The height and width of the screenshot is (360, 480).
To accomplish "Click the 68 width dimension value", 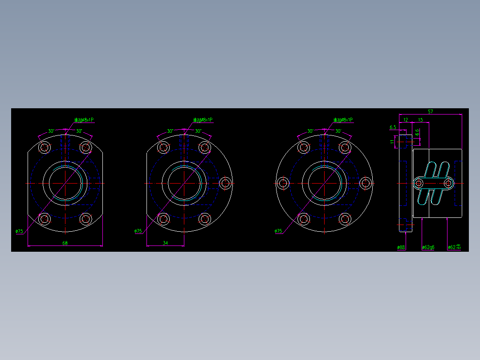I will (65, 243).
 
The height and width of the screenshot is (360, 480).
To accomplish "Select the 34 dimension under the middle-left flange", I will (165, 243).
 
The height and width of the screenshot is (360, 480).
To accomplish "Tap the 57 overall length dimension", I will (430, 112).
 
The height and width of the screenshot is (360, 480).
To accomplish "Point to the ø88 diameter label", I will (401, 247).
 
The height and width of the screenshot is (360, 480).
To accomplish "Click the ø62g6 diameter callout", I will (428, 247).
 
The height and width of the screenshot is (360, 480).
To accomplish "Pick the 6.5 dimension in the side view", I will (393, 127).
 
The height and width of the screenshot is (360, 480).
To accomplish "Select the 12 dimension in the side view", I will (406, 120).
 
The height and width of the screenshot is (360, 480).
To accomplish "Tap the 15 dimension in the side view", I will (420, 120).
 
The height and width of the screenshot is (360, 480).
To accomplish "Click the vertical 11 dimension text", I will (392, 142).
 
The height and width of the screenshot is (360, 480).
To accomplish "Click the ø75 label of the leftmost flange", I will (19, 231).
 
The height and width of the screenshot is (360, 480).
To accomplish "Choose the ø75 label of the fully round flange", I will (278, 231).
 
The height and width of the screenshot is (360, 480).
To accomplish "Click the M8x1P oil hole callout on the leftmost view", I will (84, 120).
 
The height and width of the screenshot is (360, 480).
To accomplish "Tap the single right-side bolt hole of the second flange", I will (226, 183).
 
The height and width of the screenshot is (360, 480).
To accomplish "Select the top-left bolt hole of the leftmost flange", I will (45, 147).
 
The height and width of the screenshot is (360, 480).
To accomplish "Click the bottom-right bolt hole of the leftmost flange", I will (85, 219).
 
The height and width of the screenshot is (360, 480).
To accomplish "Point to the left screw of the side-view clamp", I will (419, 183).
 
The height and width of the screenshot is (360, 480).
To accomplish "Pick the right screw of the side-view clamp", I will (448, 183).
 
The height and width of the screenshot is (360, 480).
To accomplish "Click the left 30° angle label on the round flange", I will (310, 131).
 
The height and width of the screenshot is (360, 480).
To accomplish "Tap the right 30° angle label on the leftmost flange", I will (79, 131).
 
